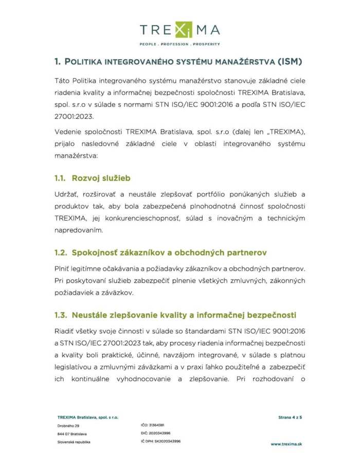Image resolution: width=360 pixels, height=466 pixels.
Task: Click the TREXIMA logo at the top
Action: pos(179,30)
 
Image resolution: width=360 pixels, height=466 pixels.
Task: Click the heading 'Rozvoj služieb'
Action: pos(101,178)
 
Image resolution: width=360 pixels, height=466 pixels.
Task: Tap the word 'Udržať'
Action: pos(66,194)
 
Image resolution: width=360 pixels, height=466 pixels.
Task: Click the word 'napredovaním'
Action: pos(78,231)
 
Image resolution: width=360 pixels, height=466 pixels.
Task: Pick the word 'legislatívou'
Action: pos(75,367)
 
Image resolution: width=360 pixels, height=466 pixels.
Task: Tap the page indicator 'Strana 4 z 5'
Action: pos(287,417)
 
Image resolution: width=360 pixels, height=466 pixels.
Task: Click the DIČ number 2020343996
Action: pos(159,433)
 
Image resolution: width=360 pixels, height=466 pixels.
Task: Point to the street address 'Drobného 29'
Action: pos(68,426)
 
